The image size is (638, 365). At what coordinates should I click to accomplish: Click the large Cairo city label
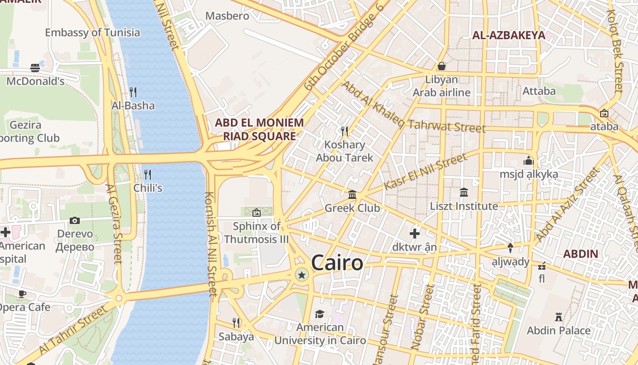(x=337, y=263)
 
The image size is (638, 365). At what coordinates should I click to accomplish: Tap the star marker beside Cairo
(x=301, y=275)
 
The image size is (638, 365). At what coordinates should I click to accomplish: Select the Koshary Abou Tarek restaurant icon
(x=345, y=131)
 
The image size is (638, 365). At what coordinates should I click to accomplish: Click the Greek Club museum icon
(x=352, y=195)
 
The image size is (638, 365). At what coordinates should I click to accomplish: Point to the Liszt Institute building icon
(x=464, y=193)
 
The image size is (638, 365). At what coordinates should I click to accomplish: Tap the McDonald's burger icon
(x=35, y=68)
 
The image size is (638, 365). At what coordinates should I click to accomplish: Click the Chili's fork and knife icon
(x=148, y=175)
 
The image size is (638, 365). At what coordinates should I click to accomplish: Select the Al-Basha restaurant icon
(x=133, y=92)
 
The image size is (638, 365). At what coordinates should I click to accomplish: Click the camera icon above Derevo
(x=75, y=221)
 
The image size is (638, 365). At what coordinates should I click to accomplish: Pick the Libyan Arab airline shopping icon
(x=441, y=66)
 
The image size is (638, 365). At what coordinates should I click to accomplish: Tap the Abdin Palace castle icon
(x=558, y=317)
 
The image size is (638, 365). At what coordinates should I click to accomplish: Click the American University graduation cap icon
(x=319, y=314)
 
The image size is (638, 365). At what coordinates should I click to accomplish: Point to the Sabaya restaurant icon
(x=236, y=323)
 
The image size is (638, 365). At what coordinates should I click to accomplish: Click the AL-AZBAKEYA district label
(x=509, y=35)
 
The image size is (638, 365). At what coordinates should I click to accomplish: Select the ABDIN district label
(x=580, y=254)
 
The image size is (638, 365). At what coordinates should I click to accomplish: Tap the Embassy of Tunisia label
(x=93, y=32)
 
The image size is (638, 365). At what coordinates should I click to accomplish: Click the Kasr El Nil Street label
(x=425, y=172)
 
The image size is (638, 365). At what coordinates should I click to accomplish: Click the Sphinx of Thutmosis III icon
(x=257, y=212)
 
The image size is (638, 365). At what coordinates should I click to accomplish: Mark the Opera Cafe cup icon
(x=21, y=294)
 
